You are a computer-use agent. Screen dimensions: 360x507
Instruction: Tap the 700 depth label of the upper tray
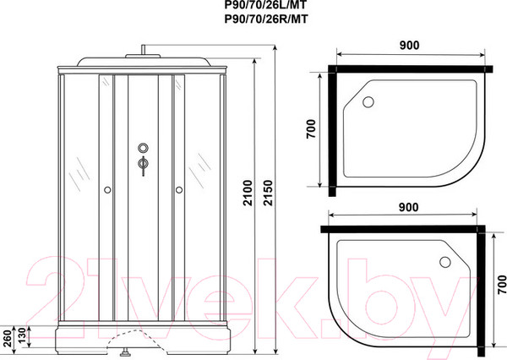[x=313, y=129]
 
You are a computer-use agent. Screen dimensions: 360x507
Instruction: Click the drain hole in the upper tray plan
[x=368, y=102]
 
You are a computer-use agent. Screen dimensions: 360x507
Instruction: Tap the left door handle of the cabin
[x=107, y=191]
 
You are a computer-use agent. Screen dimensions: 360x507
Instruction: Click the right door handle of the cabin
[x=179, y=191]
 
